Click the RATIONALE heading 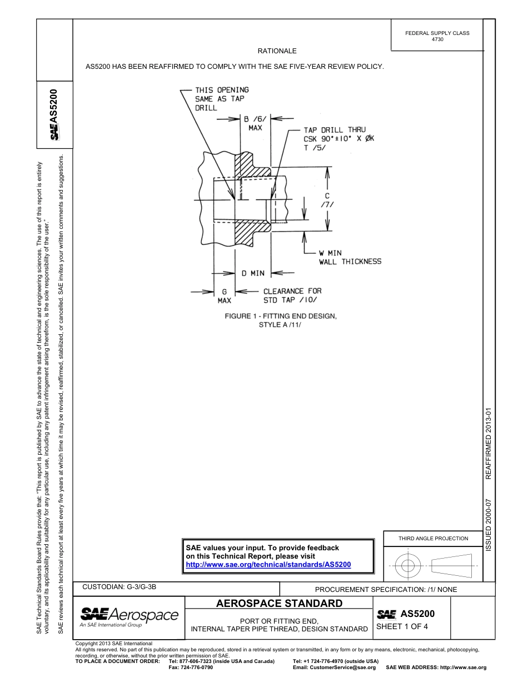tap(277, 51)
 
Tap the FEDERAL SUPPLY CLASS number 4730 tap(437, 39)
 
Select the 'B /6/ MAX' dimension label tap(255, 123)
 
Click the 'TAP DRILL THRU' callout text tap(335, 130)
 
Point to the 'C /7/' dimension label tap(327, 200)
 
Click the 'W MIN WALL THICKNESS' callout tap(350, 257)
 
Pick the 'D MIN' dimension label tap(253, 273)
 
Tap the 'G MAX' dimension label tap(224, 296)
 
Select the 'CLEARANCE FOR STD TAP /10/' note tap(292, 295)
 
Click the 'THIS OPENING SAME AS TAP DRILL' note tap(221, 99)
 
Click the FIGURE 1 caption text tap(280, 320)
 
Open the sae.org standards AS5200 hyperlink tap(268, 564)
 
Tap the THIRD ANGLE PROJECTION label tap(434, 538)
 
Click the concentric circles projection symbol tap(408, 566)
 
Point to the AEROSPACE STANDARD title tap(279, 604)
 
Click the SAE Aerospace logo tap(129, 616)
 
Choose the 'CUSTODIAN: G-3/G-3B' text tap(123, 587)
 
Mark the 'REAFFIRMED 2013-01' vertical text tap(489, 444)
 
